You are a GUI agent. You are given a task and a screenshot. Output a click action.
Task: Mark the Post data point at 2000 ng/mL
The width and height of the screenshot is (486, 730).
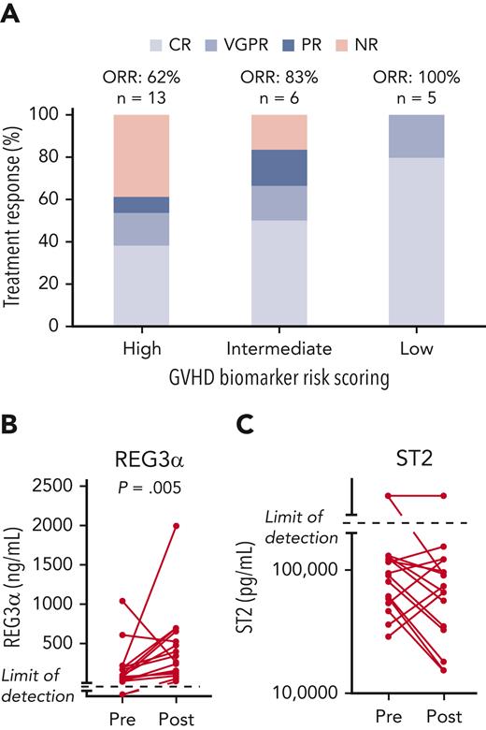point(176,525)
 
